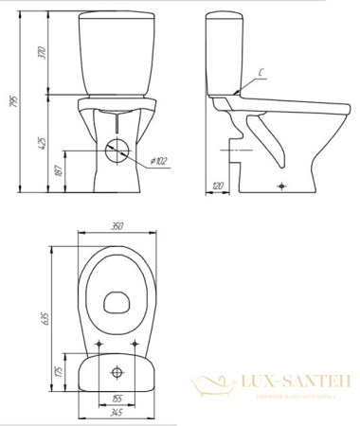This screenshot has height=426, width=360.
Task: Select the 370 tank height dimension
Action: click(42, 54)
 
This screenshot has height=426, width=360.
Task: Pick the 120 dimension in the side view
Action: click(219, 186)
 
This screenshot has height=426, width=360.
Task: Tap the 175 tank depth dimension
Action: click(58, 370)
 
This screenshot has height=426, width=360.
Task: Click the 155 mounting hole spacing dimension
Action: click(117, 398)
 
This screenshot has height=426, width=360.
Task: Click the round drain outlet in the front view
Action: click(117, 149)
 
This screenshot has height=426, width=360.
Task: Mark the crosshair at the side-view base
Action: click(279, 186)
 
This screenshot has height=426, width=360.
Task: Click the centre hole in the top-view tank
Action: click(117, 369)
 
